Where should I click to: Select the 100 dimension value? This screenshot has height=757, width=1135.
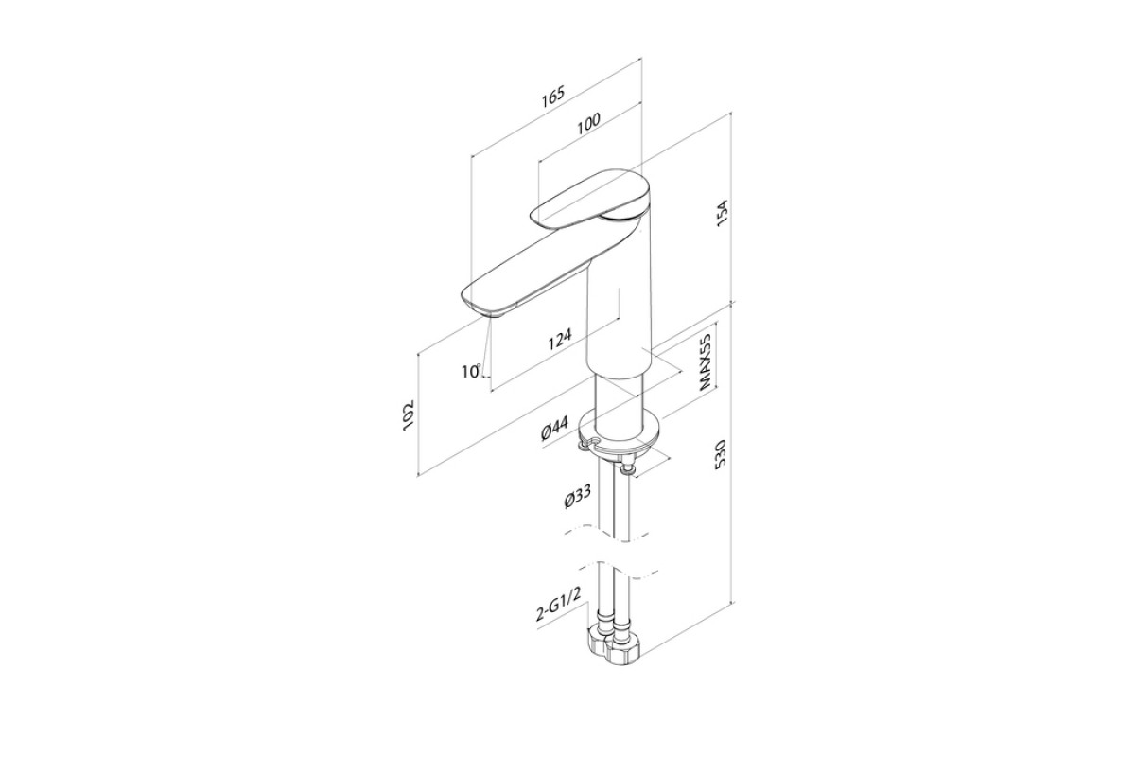point(587,122)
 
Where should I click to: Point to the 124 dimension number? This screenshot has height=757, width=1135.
point(560,339)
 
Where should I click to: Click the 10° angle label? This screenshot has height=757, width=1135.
point(471,371)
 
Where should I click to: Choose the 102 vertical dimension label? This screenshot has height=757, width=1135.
point(408,416)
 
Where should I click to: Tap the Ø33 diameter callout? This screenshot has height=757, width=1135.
point(578,496)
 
